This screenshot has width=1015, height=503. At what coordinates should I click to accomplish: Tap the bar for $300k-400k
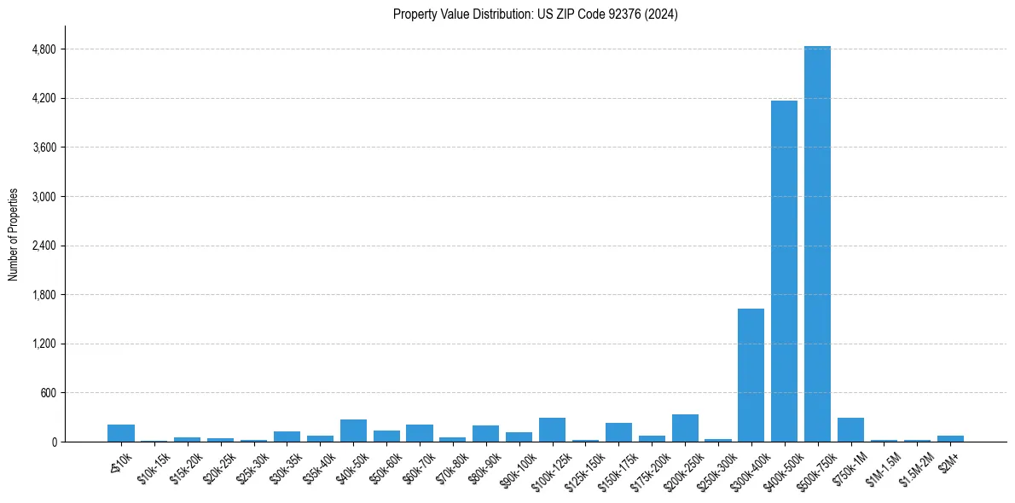pos(751,375)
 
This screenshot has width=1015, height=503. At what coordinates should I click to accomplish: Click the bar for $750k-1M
pos(850,430)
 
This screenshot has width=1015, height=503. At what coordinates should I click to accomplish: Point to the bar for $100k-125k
pos(552,430)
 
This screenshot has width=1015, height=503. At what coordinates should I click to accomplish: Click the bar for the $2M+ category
pos(950,438)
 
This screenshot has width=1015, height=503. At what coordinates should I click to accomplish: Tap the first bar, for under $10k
pos(121,433)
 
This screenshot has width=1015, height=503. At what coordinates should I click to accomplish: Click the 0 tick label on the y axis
pos(53,442)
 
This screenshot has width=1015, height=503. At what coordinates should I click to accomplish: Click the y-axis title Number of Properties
pos(13,234)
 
